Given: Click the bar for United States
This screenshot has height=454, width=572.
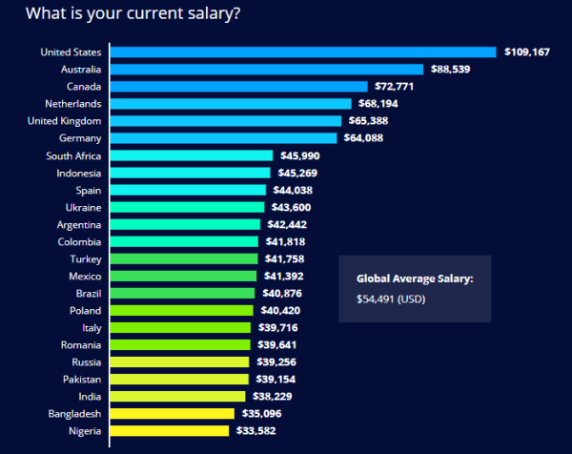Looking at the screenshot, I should click(304, 52).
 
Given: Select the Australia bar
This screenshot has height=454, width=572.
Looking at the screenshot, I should click(268, 69).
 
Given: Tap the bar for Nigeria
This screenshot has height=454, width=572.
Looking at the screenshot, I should click(171, 430).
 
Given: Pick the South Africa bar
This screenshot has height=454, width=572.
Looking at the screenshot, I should click(193, 155).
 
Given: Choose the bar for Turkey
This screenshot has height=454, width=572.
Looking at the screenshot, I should click(184, 258).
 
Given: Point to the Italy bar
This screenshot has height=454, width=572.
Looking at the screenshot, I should click(180, 327).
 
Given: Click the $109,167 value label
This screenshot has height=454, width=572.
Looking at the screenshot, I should click(527, 52).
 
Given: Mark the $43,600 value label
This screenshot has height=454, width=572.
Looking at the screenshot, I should click(290, 207).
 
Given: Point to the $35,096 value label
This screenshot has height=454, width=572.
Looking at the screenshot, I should click(259, 413).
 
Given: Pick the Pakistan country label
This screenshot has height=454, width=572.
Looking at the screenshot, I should click(80, 379).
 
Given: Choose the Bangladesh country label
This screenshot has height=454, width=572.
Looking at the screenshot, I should click(74, 413).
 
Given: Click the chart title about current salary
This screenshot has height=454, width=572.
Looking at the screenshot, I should click(133, 14).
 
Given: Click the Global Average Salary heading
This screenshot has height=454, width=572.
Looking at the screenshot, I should click(415, 279).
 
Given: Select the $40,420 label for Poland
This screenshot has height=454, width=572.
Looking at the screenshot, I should click(278, 310).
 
